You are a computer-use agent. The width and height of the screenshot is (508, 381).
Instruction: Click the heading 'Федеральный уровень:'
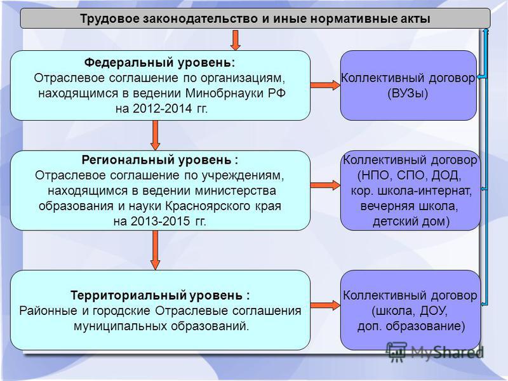point(160,62)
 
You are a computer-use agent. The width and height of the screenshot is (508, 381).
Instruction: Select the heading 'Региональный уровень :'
point(160,160)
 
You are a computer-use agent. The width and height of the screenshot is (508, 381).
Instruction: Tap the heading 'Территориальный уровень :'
point(160,295)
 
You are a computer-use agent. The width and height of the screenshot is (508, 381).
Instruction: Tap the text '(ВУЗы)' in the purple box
point(408,93)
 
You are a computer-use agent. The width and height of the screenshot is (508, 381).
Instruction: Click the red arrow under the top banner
point(235,40)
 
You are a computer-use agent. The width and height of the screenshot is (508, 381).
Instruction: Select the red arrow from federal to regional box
point(155,135)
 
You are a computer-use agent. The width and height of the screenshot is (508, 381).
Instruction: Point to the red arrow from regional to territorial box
point(155,250)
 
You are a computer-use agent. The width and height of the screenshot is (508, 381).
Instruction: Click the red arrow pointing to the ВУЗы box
point(325,85)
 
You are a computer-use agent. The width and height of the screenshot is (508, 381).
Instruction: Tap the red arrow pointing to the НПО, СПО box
point(325,185)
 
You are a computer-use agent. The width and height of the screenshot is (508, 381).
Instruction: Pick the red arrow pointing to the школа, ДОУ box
point(325,305)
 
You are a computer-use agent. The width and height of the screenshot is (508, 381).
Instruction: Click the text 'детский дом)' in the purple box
point(411,221)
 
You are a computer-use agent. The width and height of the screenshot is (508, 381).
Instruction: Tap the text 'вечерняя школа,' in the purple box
point(409,206)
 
